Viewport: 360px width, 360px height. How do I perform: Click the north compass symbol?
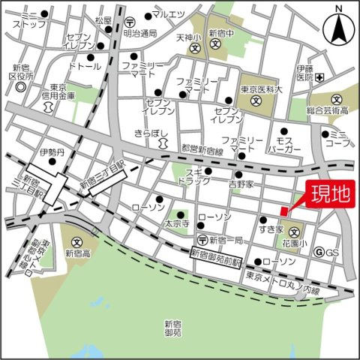pos(339,31)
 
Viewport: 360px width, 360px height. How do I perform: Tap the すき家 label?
pos(269,227)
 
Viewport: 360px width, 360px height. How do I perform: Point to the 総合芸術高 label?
pos(330,110)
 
